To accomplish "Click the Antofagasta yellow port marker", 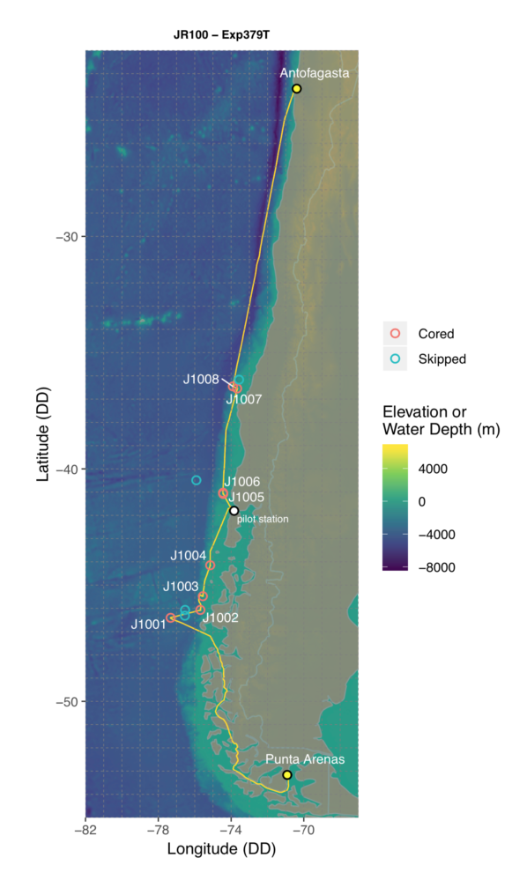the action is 297,89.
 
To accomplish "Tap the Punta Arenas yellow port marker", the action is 287,774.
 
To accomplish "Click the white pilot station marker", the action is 234,511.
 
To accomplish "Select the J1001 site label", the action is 148,625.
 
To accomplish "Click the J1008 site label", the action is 201,380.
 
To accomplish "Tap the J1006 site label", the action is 241,482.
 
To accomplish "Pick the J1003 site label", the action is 181,586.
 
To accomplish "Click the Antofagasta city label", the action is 315,74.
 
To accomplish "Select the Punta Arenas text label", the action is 305,759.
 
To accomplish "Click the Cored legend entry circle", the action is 395,334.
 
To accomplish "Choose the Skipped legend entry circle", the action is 395,359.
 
